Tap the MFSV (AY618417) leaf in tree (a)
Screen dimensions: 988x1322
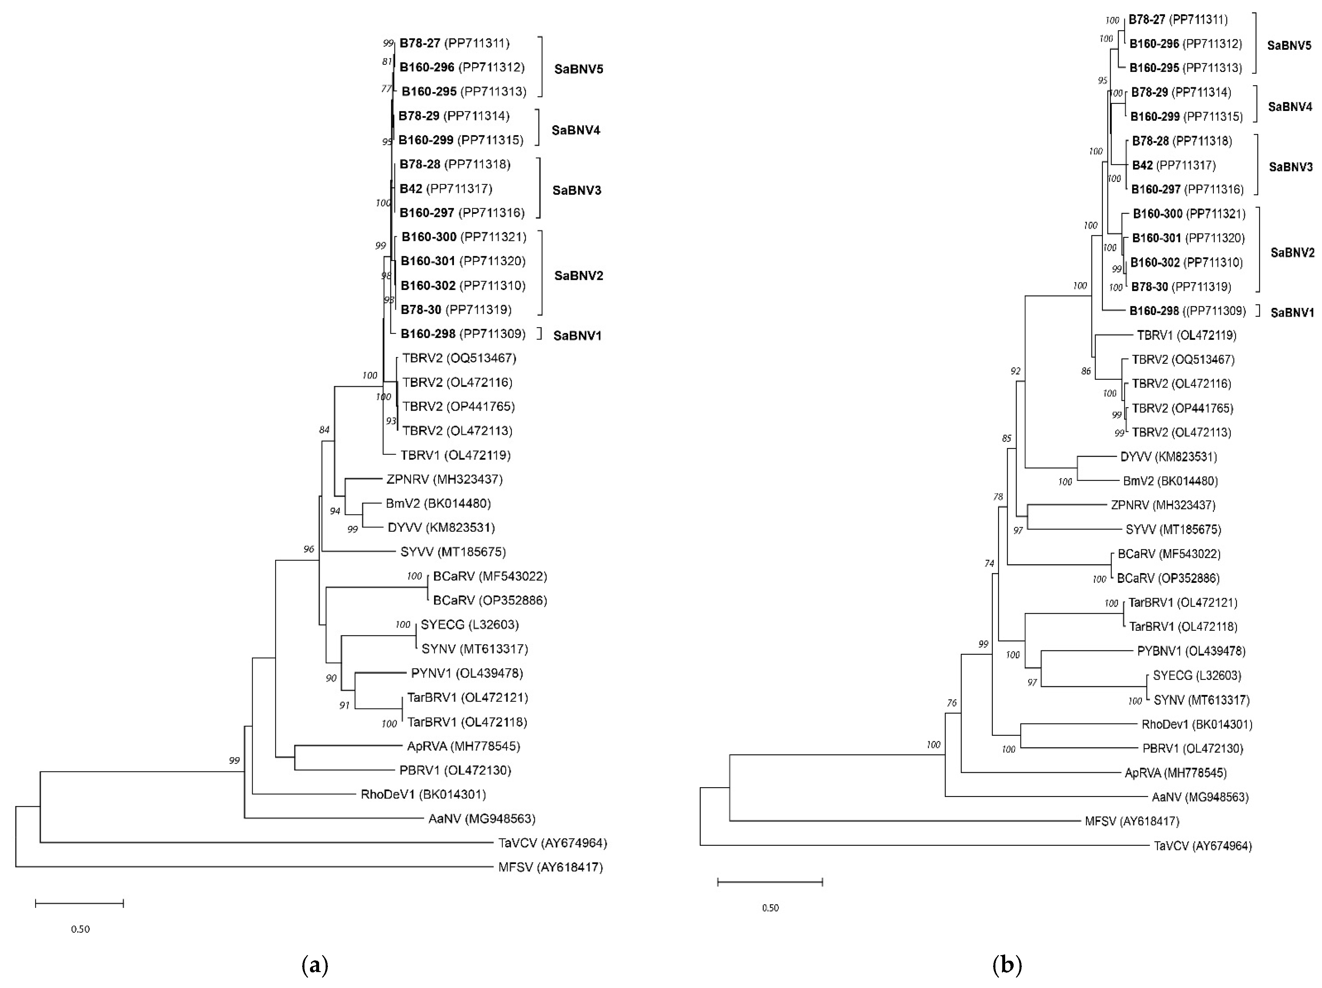(x=550, y=867)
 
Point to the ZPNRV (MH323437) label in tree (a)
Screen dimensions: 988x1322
(x=444, y=479)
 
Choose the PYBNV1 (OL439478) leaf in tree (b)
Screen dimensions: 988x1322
(x=1190, y=651)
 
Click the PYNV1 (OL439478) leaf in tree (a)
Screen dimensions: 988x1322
(x=466, y=673)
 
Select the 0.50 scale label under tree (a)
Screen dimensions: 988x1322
(x=80, y=929)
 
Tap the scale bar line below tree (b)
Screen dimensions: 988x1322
(x=770, y=882)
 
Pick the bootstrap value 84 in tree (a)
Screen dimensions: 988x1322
(x=324, y=430)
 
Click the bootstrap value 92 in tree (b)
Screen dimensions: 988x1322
(x=1015, y=371)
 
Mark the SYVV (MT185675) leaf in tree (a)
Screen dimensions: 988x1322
(x=452, y=551)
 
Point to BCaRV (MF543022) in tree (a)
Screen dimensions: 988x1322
(x=489, y=576)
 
